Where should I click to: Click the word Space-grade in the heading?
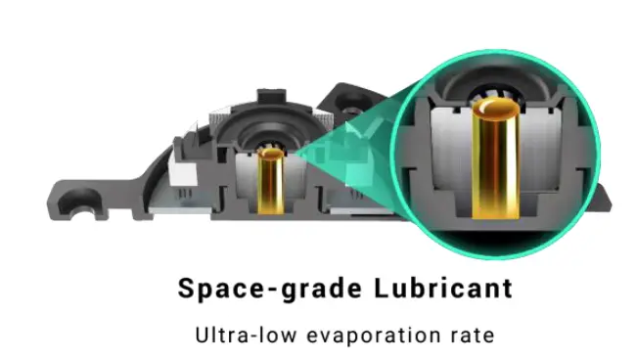tap(270, 290)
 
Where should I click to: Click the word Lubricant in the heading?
tap(443, 288)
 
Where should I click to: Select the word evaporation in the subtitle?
tap(374, 336)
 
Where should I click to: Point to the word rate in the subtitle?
tap(473, 336)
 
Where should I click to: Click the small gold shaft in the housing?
tap(270, 181)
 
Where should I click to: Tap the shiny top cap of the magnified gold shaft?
tap(496, 108)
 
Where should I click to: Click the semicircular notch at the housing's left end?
tap(79, 202)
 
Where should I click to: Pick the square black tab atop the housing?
tap(272, 96)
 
